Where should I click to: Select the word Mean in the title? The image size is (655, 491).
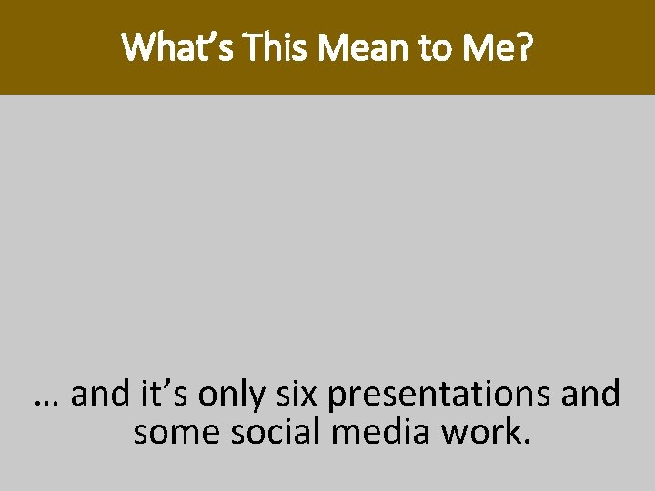[354, 47]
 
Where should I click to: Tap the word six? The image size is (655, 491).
[299, 395]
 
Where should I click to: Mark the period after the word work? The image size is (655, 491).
[523, 443]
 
